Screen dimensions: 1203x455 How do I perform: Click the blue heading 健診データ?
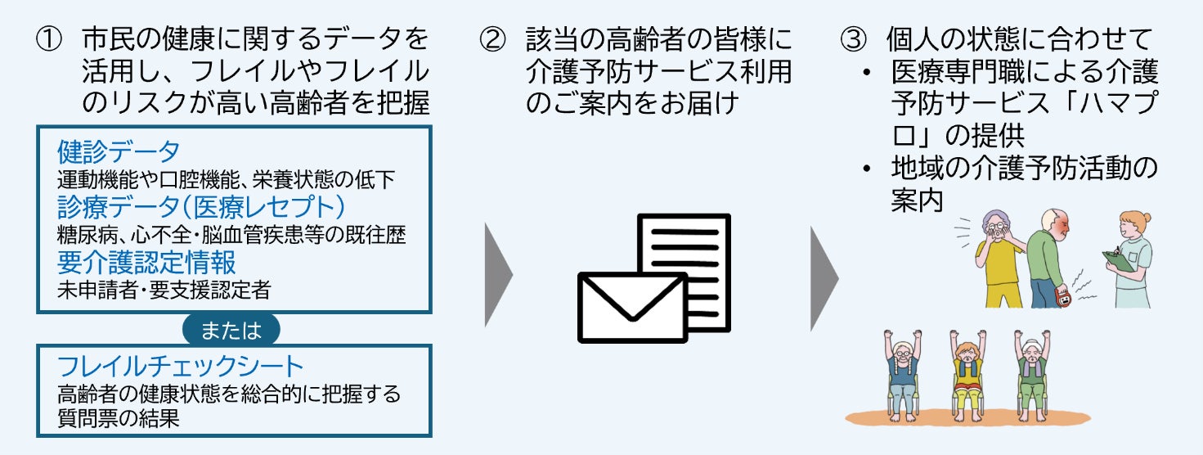point(119,151)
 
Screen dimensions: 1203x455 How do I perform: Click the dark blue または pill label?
point(231,330)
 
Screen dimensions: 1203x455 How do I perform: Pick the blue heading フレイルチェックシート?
point(181,365)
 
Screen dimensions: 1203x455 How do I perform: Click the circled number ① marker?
point(50,39)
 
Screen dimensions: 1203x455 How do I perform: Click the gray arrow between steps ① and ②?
point(498,273)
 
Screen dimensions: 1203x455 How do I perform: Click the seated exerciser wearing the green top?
point(1030,372)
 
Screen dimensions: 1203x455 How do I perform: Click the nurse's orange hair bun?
point(1148,217)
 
